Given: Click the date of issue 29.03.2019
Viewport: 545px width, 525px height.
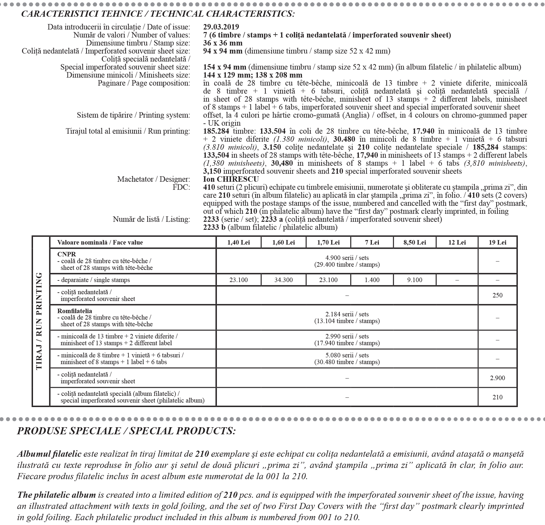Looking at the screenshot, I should (x=221, y=27).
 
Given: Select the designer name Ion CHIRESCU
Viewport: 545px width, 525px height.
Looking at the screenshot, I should (x=231, y=179).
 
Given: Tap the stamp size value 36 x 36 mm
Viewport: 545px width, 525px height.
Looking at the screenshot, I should (x=223, y=43).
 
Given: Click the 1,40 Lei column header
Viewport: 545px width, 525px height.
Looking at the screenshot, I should (x=239, y=242).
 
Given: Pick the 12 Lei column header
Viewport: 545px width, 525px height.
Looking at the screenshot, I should (x=457, y=242).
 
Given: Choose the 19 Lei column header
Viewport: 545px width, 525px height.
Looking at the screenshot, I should (x=497, y=242).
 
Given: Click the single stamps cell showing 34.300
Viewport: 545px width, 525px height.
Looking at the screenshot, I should (x=283, y=280).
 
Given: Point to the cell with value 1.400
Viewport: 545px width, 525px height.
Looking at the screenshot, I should (x=372, y=280).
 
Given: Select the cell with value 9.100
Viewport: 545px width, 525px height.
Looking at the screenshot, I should (x=415, y=280).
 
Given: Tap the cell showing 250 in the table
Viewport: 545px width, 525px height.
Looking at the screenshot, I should (x=497, y=295).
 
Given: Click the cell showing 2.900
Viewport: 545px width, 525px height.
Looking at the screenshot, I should (x=497, y=378).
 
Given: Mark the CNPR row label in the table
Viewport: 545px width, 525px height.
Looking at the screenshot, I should (x=67, y=254).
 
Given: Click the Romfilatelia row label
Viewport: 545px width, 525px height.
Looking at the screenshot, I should (x=75, y=311).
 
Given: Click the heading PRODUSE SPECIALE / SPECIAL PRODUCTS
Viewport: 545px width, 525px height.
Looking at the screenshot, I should (x=126, y=431).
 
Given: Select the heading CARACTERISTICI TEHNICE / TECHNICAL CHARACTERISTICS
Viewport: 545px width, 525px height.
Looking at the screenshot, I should (x=158, y=14).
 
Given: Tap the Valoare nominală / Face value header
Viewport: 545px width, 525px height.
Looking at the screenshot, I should (x=100, y=242).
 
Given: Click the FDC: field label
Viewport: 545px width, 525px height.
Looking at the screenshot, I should (x=181, y=187).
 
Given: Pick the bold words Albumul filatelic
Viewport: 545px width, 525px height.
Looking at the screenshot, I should (x=49, y=454).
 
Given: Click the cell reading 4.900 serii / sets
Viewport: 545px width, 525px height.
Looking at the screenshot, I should (x=347, y=258).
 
